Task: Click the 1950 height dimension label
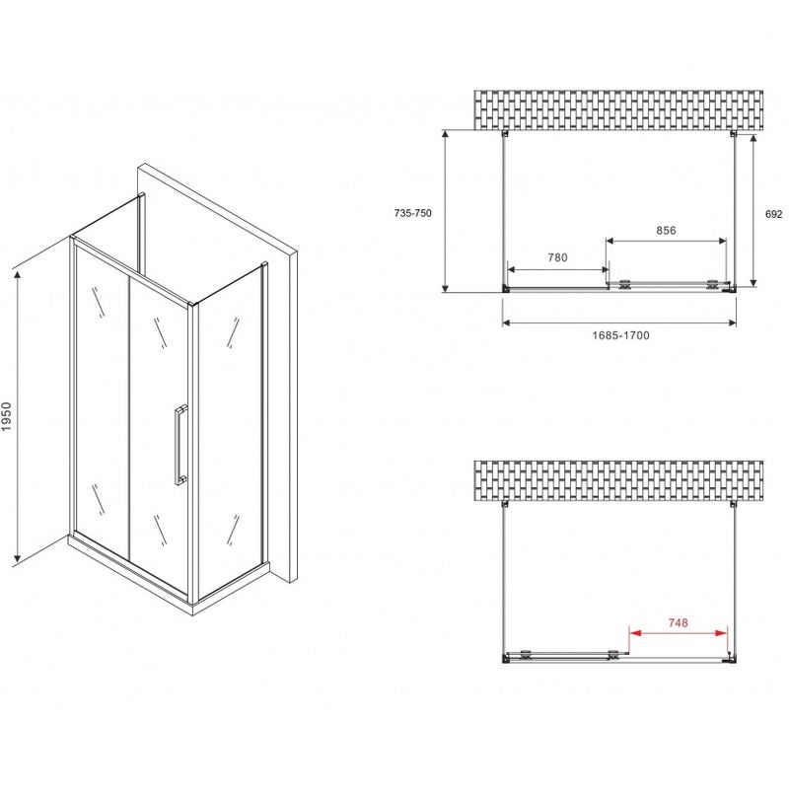tap(6, 416)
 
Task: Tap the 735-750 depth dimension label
tap(412, 213)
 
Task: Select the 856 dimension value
tap(666, 230)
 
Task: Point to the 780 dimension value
tap(557, 257)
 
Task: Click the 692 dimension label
tap(774, 214)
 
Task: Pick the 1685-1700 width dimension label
tap(620, 335)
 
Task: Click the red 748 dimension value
tap(678, 622)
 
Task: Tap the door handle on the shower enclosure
tap(180, 445)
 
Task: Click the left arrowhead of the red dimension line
tap(635, 633)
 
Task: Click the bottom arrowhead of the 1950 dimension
tap(18, 556)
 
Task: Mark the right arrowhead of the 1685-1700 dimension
tap(731, 323)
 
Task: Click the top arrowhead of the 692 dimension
tap(753, 139)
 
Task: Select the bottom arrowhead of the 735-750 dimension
tap(445, 286)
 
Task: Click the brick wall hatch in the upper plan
tap(618, 110)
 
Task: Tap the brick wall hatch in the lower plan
tap(618, 480)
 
